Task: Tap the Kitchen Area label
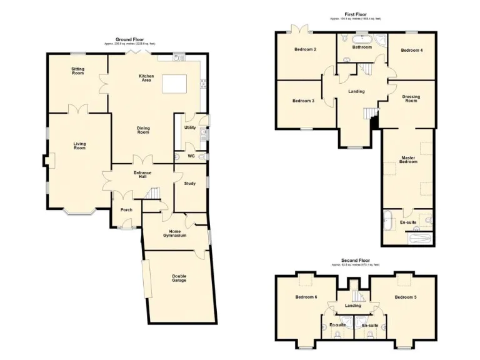click(146, 77)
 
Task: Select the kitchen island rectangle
click(175, 84)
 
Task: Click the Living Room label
click(79, 146)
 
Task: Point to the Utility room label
click(190, 127)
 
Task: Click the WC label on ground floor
click(191, 156)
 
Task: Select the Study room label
click(190, 183)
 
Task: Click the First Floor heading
click(355, 14)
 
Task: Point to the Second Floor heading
click(354, 260)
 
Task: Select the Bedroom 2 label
click(306, 49)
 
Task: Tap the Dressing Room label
click(411, 99)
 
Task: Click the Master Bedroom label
click(407, 159)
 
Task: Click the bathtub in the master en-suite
click(418, 238)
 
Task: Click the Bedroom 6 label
click(306, 297)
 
